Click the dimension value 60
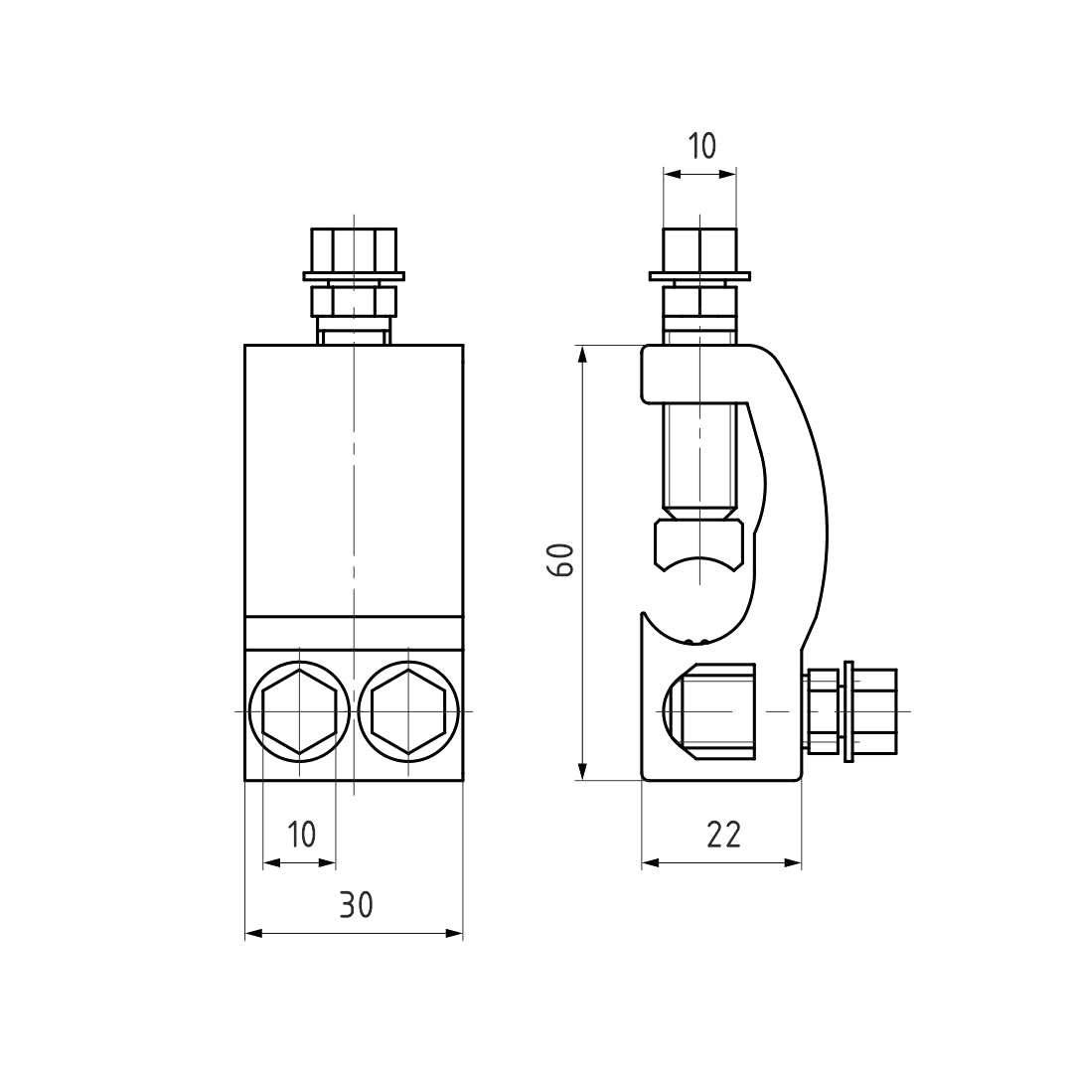click(x=563, y=559)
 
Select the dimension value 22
click(x=723, y=835)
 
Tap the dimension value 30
click(x=356, y=905)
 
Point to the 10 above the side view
click(x=701, y=146)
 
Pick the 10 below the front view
click(x=301, y=835)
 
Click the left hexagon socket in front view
click(x=299, y=711)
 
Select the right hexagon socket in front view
click(x=408, y=711)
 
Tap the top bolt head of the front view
click(x=354, y=250)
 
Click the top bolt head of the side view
click(x=700, y=250)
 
